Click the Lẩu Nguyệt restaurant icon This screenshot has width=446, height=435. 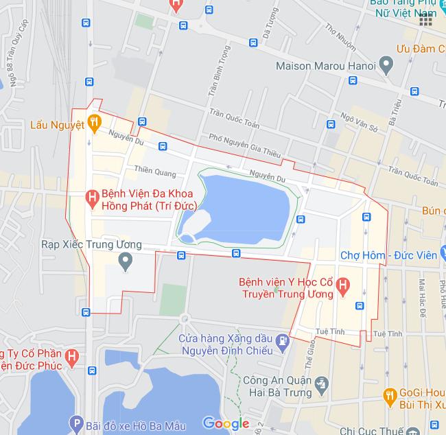click(x=95, y=124)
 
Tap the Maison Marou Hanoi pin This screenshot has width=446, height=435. click(x=386, y=66)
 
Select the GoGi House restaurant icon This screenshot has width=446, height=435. click(x=390, y=396)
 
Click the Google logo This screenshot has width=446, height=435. click(x=226, y=423)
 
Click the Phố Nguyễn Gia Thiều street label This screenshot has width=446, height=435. click(x=246, y=145)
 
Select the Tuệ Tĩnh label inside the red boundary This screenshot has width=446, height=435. click(x=327, y=331)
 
